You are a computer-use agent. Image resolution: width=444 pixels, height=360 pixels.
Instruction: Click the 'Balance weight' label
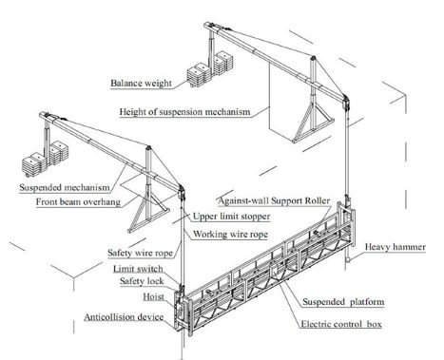point(141,84)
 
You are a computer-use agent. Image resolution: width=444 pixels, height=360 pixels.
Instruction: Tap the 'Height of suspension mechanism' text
point(184,112)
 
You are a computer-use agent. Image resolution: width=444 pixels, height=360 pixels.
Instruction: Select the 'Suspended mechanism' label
point(65,187)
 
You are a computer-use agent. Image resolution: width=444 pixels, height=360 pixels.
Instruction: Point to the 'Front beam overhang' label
point(78,202)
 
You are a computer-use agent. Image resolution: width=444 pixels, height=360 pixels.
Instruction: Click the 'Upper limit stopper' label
point(232,217)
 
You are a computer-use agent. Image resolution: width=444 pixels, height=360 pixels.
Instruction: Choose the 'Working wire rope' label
point(230,235)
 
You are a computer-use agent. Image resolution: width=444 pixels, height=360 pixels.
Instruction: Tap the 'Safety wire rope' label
point(141,253)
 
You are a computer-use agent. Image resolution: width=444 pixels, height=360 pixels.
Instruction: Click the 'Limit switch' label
point(138,269)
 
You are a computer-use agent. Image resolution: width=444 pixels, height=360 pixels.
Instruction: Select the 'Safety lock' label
point(142,281)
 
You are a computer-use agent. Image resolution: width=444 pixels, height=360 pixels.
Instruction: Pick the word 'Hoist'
point(154,297)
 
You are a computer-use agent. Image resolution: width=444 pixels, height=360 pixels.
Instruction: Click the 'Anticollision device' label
point(124,317)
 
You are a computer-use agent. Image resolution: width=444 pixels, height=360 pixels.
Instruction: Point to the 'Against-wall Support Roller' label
point(274,200)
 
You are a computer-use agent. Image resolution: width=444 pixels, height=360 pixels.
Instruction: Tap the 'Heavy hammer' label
point(396,247)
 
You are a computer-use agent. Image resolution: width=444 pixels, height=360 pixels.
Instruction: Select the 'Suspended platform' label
point(343,302)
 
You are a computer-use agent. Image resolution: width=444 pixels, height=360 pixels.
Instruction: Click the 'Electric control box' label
point(341,324)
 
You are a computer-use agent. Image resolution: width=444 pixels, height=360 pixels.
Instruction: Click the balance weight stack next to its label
point(210,70)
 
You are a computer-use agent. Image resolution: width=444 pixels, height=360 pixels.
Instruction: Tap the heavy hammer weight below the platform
point(348,260)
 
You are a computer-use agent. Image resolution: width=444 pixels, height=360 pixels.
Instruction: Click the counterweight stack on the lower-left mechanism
point(45,159)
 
